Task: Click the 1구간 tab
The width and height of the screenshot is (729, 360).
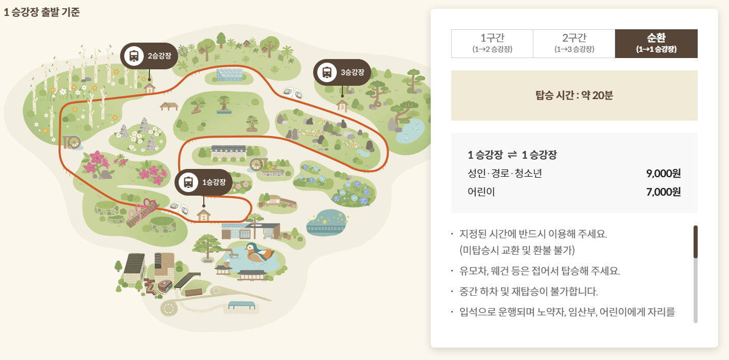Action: coord(492,43)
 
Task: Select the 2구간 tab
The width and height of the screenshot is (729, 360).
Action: coord(574,43)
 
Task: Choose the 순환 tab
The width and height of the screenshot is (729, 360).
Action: coord(656,43)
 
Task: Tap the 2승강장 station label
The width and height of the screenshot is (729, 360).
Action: coord(149,55)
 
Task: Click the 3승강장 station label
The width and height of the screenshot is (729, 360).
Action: coord(342,72)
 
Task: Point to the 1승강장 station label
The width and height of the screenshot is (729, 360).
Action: coord(203,182)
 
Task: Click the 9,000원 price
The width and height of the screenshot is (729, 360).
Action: coord(663,173)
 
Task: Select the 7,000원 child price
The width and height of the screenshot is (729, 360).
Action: coord(663,192)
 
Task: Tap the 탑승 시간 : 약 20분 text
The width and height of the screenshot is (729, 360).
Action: coord(574,96)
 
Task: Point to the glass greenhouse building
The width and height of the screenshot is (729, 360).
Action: coord(229,75)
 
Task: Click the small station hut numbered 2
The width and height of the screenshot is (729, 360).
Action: coord(149,88)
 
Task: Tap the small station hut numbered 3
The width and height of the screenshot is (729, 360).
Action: coord(342,106)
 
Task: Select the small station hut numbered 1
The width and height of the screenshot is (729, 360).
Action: coord(204,215)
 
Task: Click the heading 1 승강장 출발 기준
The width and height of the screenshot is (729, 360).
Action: coord(42,12)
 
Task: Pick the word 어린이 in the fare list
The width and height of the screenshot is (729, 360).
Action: coord(481,192)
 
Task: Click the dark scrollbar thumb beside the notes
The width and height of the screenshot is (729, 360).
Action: coord(696,241)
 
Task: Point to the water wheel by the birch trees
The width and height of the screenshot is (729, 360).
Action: coord(72,141)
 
